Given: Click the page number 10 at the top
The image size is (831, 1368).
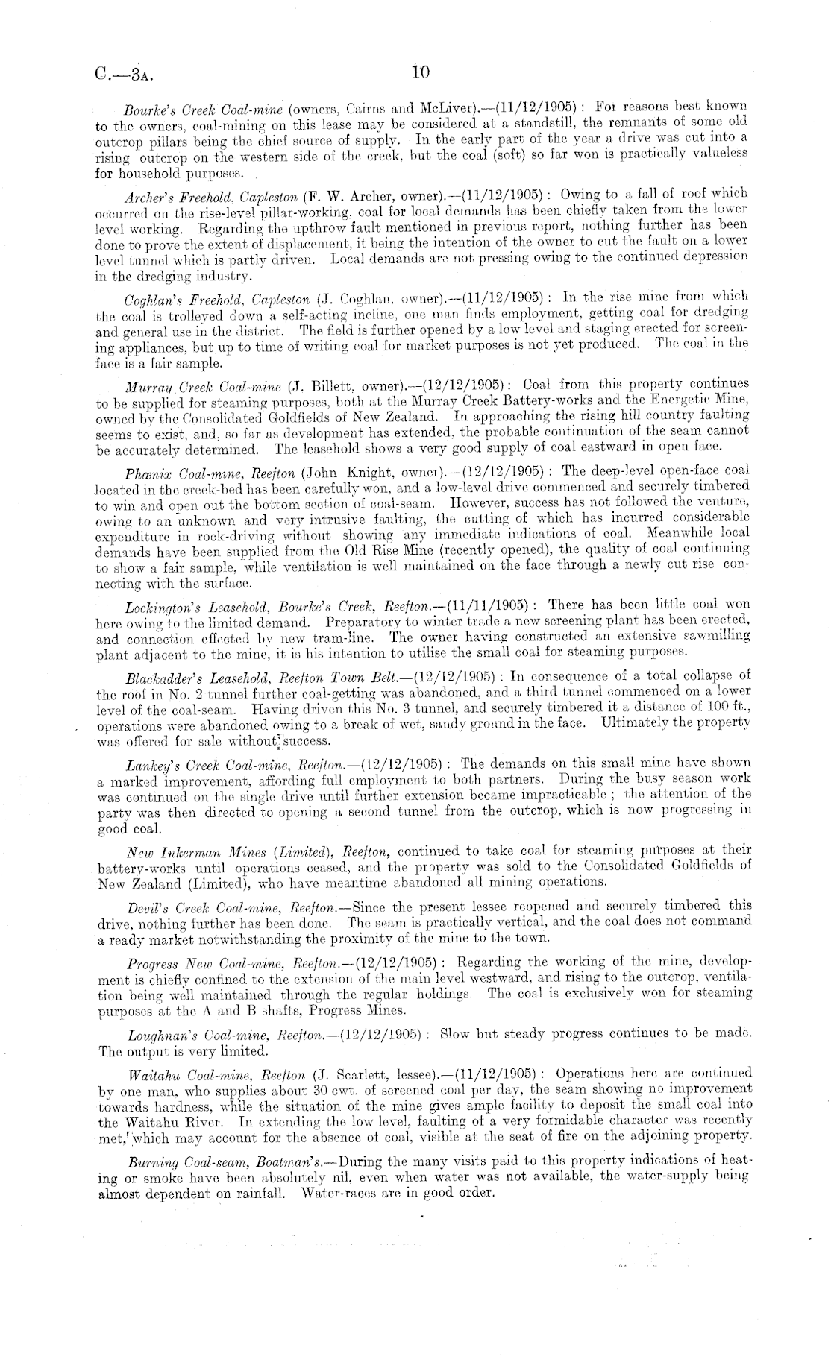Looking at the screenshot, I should pyautogui.click(x=420, y=72).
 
